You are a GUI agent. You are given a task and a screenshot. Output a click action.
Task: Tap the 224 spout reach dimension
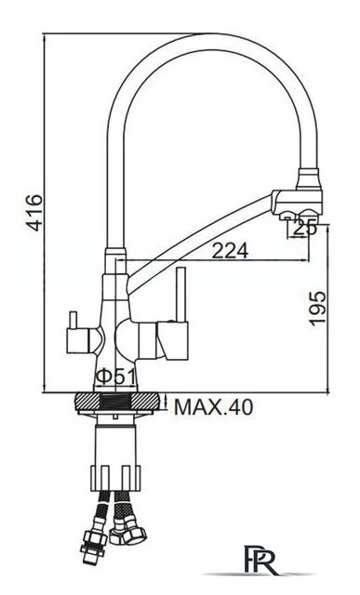coord(230,250)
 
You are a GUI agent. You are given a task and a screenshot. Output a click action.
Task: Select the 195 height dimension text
coord(317,308)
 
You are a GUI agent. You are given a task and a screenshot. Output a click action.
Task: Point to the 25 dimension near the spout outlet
coord(305,229)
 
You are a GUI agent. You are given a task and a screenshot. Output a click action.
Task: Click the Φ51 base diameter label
coord(115,377)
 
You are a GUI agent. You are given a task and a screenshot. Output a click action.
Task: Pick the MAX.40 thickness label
coord(213,407)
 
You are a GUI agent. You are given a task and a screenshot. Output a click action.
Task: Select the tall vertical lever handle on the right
coord(181,295)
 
